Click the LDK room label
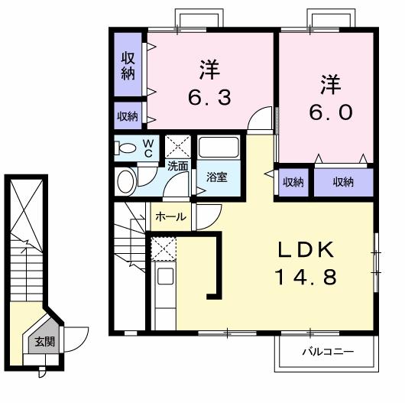(306, 250)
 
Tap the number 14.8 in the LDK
(306, 277)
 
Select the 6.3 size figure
(209, 97)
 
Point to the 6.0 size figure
(331, 112)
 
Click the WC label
(148, 148)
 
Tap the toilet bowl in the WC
(126, 148)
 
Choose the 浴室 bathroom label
(217, 177)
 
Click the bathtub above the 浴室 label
(219, 147)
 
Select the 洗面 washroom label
(178, 166)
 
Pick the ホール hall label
(170, 216)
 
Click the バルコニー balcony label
(328, 352)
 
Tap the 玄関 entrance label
(44, 342)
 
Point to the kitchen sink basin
(165, 276)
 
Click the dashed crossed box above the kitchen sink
(164, 249)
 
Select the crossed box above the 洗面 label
(178, 146)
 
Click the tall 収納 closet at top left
(128, 64)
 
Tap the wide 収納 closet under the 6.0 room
(344, 182)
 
